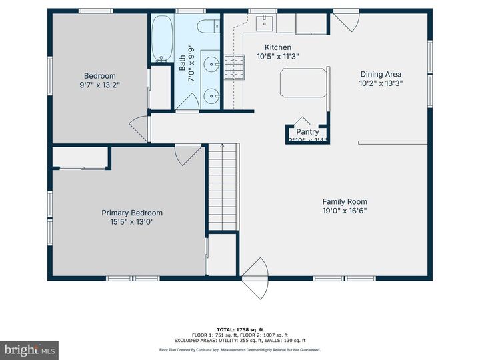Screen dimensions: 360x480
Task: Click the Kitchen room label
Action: (278, 47)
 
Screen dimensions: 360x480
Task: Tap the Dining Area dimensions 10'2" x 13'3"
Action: (381, 84)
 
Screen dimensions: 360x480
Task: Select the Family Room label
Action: (345, 201)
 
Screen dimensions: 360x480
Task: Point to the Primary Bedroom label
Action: (132, 213)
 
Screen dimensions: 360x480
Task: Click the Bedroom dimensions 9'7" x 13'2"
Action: (99, 85)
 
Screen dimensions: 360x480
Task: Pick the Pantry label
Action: (307, 132)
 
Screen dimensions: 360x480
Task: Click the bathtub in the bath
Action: (161, 39)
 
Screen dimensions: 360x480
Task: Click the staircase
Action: (223, 189)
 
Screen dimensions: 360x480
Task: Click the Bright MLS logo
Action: (29, 350)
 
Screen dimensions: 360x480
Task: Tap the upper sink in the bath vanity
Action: (211, 65)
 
